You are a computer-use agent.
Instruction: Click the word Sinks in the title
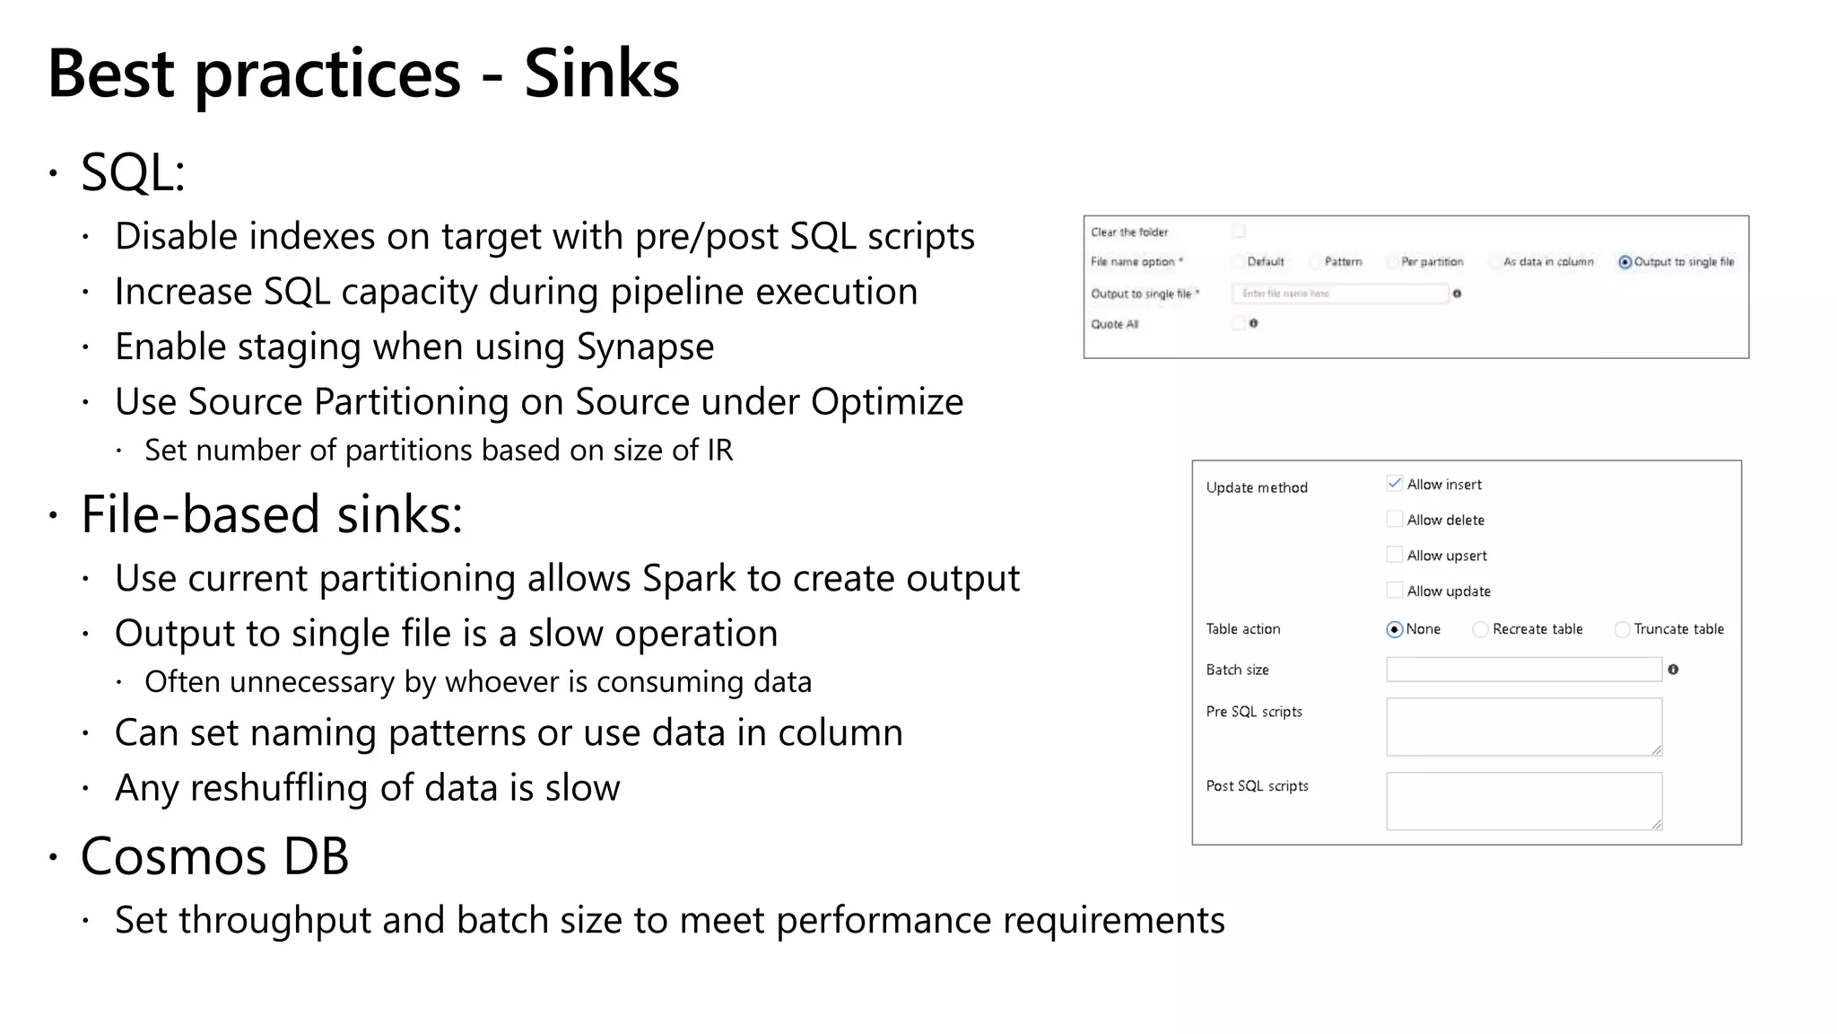click(601, 74)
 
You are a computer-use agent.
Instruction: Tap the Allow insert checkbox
click(1394, 484)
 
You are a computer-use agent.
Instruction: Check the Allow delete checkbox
click(1394, 519)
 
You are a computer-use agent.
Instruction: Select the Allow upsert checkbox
click(1394, 555)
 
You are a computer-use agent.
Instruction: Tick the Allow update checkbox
click(1394, 591)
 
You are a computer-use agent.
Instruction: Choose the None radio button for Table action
click(1394, 629)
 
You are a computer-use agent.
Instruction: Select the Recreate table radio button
click(1480, 629)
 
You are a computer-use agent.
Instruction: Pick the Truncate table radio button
click(1622, 629)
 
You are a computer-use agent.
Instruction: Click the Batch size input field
click(1523, 670)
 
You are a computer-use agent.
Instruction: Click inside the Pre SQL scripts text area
click(1523, 727)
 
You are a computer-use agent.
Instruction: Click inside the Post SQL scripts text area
click(1523, 801)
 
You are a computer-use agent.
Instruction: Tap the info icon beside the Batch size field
click(1673, 670)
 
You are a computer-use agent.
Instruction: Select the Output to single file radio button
click(1624, 262)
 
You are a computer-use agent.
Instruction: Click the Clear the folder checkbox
click(1239, 232)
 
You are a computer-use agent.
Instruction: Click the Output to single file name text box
click(1340, 294)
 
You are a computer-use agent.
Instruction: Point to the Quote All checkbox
click(1239, 324)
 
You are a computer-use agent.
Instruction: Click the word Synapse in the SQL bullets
click(645, 347)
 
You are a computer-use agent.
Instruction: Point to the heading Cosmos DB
click(214, 856)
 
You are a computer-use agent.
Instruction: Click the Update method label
click(1257, 487)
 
